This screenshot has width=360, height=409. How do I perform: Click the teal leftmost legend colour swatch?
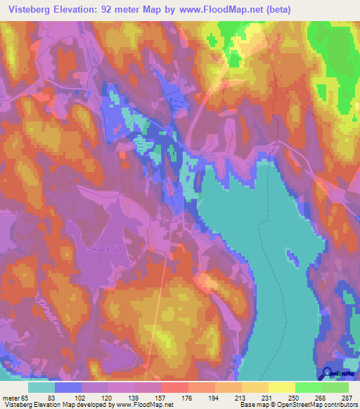point(41,388)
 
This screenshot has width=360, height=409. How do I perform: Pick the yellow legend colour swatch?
point(281,388)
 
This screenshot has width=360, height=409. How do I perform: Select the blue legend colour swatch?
point(68,388)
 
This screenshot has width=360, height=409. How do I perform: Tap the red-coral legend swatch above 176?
point(175,388)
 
